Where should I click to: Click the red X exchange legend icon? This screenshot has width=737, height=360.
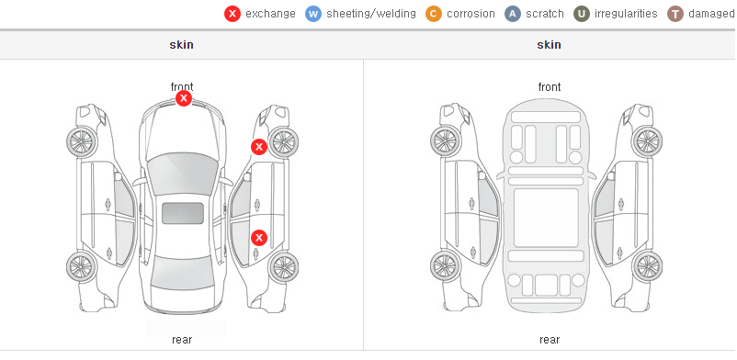pyautogui.click(x=232, y=14)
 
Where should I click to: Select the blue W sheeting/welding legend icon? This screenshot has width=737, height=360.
pyautogui.click(x=313, y=14)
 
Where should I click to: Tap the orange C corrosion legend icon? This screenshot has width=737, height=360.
pyautogui.click(x=434, y=14)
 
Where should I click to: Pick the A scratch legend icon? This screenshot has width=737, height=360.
pyautogui.click(x=513, y=14)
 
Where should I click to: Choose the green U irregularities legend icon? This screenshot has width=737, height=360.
pyautogui.click(x=582, y=14)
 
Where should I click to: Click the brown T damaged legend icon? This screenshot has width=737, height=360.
pyautogui.click(x=675, y=14)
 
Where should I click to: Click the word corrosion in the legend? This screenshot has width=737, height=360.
pyautogui.click(x=471, y=14)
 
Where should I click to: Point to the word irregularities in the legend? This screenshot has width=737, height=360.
pyautogui.click(x=626, y=14)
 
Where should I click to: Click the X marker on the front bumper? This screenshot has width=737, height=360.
pyautogui.click(x=184, y=98)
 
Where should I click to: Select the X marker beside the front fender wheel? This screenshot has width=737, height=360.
pyautogui.click(x=258, y=147)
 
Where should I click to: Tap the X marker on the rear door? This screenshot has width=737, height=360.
pyautogui.click(x=258, y=238)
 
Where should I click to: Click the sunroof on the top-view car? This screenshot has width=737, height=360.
pyautogui.click(x=183, y=213)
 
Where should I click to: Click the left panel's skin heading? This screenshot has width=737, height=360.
pyautogui.click(x=181, y=45)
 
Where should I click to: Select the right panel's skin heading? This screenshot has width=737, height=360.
pyautogui.click(x=549, y=45)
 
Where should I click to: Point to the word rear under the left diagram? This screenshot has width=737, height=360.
pyautogui.click(x=182, y=339)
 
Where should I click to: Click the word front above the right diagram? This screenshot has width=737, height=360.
pyautogui.click(x=550, y=87)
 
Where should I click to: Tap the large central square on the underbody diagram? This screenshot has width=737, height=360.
pyautogui.click(x=546, y=218)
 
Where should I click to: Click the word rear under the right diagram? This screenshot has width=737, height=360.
pyautogui.click(x=550, y=339)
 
